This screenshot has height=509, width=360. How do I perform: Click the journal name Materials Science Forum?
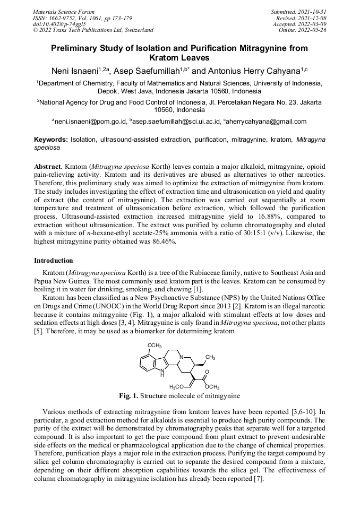click(x=64, y=11)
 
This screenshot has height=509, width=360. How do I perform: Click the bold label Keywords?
click(x=51, y=140)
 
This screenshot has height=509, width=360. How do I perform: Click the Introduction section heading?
click(x=54, y=261)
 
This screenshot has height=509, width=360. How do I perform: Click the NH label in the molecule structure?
click(x=162, y=373)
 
